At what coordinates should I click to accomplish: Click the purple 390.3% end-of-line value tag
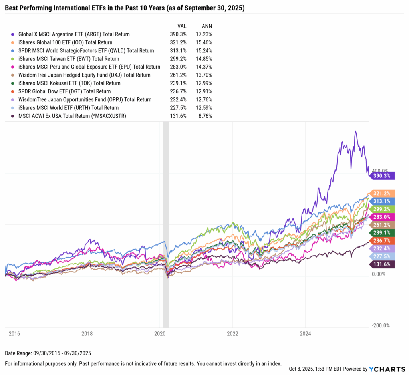point(383,175)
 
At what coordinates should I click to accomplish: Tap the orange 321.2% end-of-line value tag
point(383,192)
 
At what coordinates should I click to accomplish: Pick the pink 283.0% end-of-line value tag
point(383,217)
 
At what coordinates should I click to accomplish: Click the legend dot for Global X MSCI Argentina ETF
point(14,34)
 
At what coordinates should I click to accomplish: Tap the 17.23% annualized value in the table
point(204,34)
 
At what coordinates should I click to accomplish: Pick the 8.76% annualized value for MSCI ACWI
point(205,116)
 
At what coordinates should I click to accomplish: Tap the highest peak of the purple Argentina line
point(355,131)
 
